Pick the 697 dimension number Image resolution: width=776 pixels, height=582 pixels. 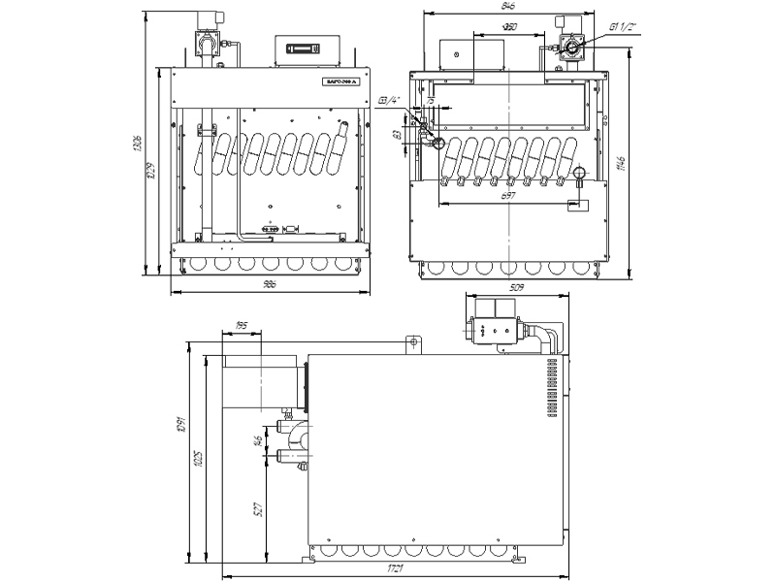pos(508,197)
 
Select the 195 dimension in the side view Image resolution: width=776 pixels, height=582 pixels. pos(241,327)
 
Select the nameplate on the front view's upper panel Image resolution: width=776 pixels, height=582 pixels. pos(340,84)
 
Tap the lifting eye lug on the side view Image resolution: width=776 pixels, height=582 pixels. pos(412,342)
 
